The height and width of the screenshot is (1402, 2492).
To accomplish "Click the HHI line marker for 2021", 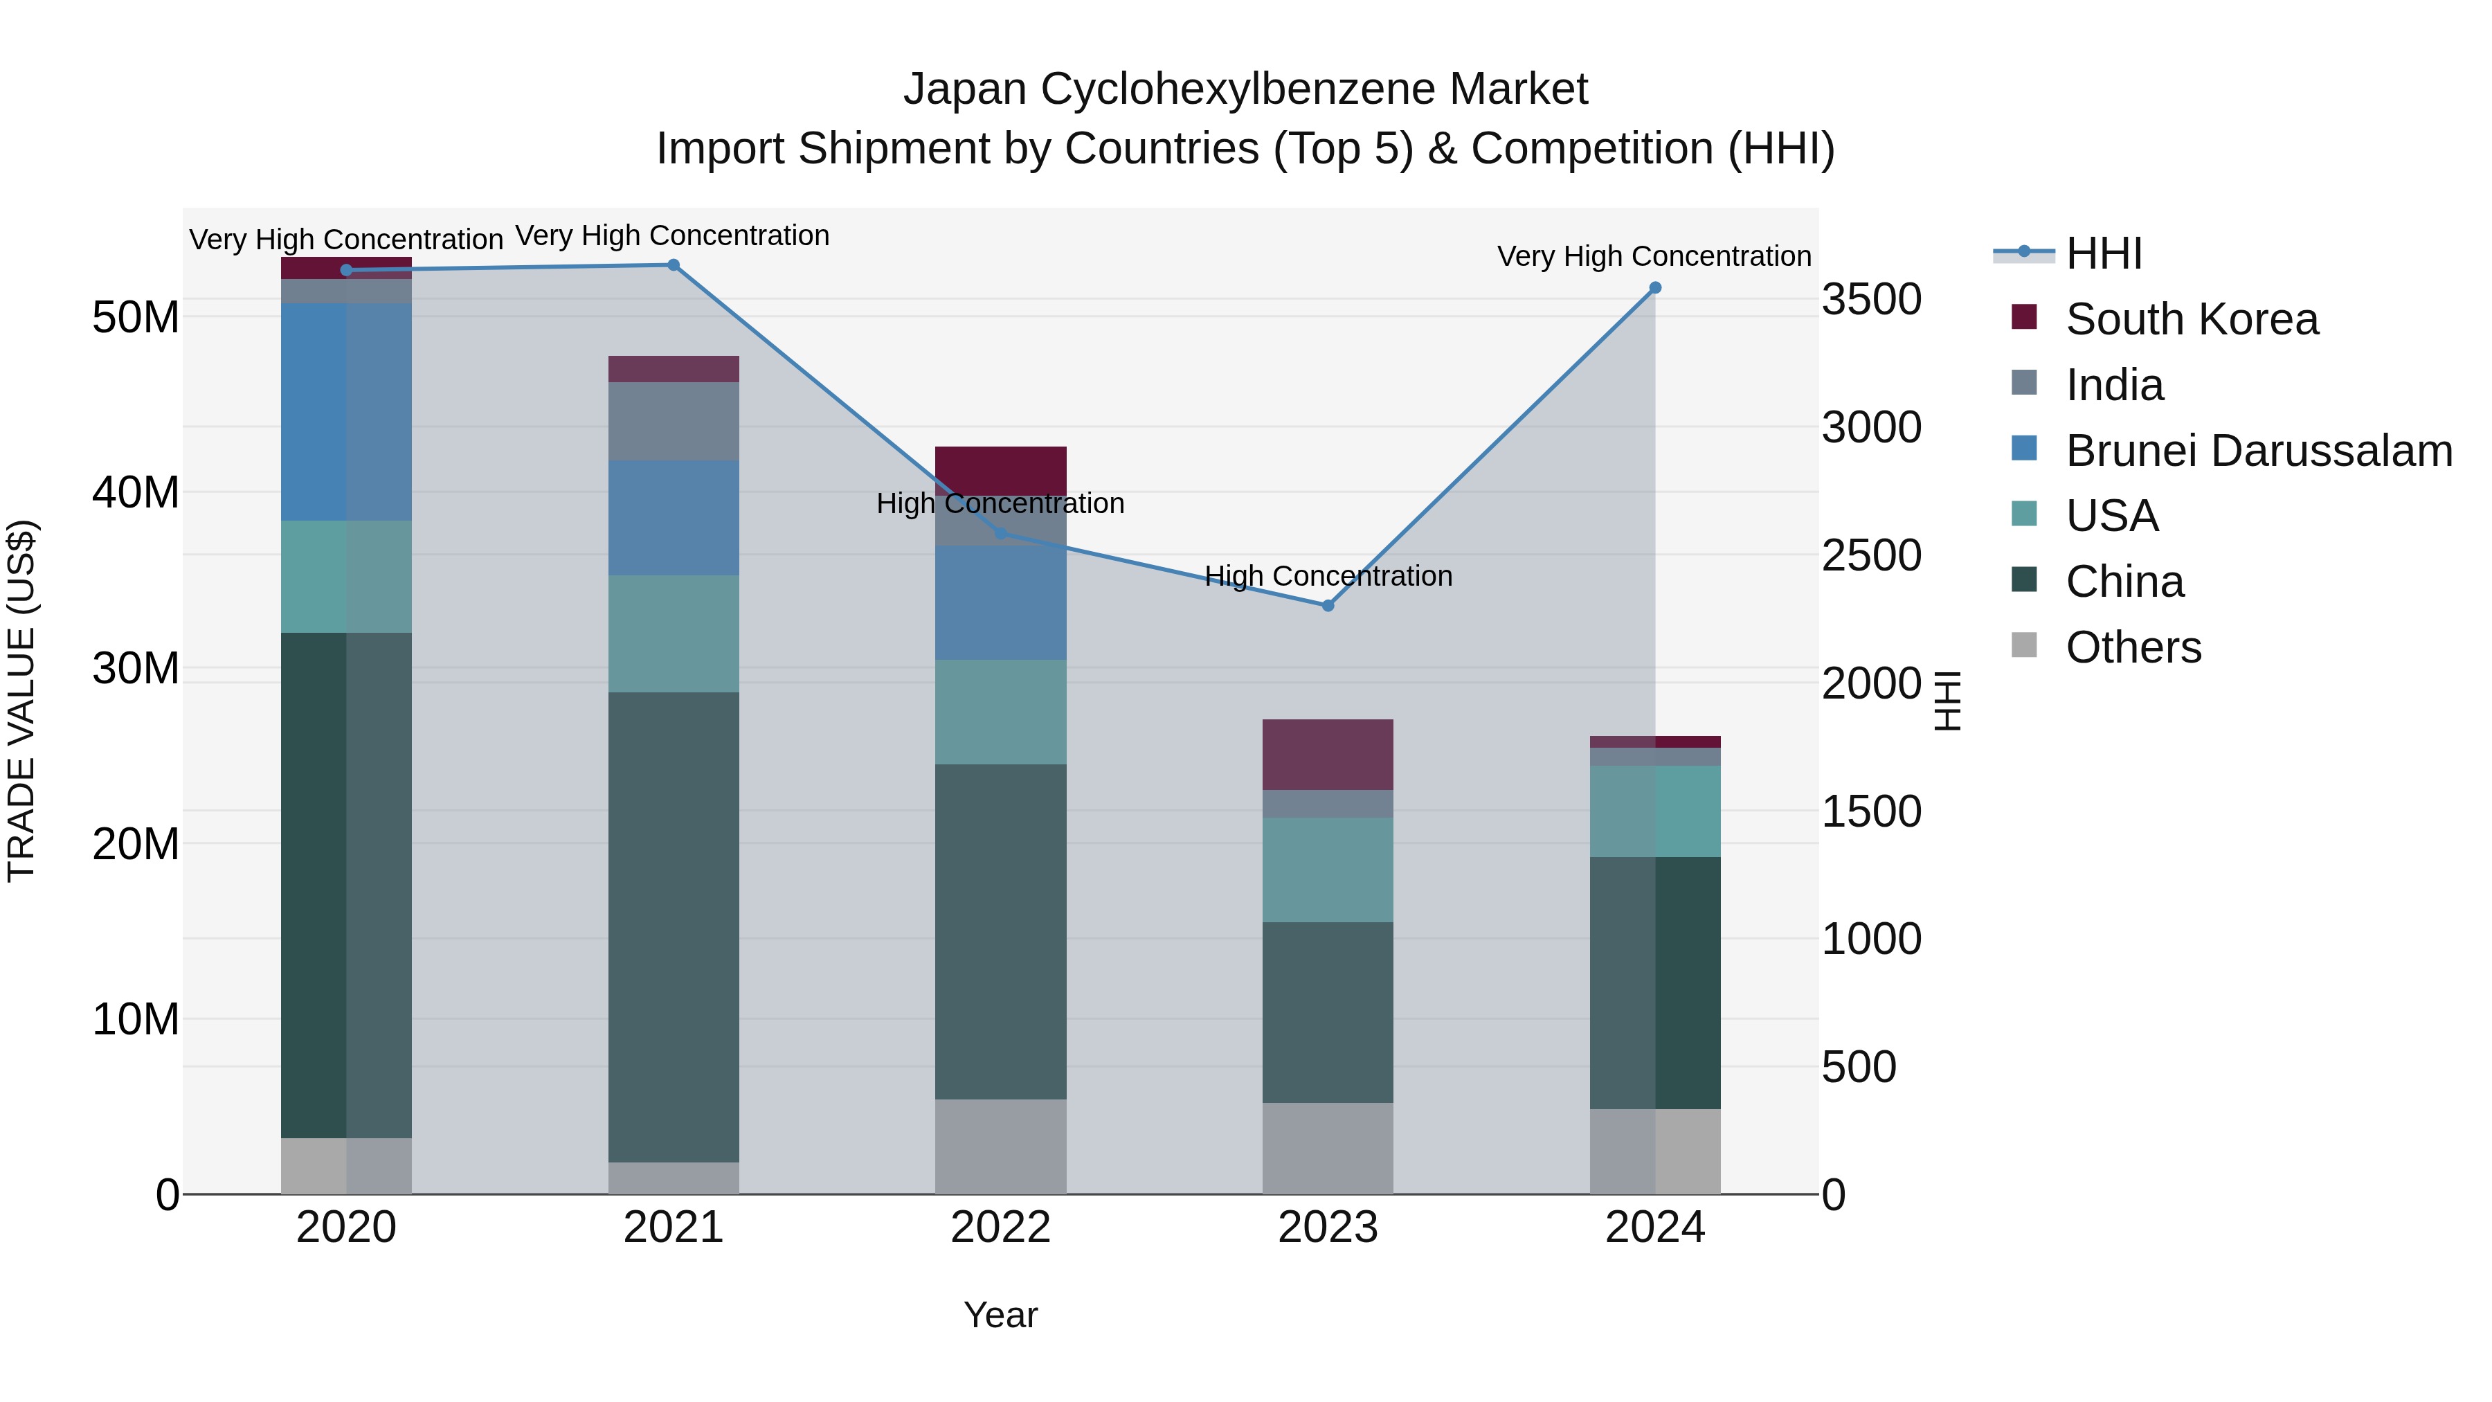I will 674,265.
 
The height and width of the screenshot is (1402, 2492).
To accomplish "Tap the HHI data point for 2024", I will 1655,288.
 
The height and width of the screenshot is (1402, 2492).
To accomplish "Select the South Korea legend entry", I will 2191,319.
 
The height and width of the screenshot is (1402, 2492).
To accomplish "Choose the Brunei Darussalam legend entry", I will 2258,451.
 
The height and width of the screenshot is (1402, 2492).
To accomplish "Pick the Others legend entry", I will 2133,647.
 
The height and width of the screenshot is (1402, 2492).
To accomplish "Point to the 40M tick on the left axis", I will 136,492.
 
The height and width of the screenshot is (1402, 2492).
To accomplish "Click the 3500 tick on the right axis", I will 1871,299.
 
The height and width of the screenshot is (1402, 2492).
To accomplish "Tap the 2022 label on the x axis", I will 1000,1228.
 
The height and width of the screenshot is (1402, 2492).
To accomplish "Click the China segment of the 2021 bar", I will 674,927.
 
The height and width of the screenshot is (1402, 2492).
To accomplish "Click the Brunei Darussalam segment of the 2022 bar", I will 1000,603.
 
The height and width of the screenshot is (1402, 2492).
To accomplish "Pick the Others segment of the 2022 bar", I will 1000,1147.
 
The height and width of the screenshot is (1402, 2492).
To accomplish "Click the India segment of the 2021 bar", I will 674,422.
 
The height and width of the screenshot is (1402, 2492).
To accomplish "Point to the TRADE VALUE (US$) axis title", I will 21,701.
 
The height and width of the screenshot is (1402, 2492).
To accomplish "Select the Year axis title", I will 1000,1315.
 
